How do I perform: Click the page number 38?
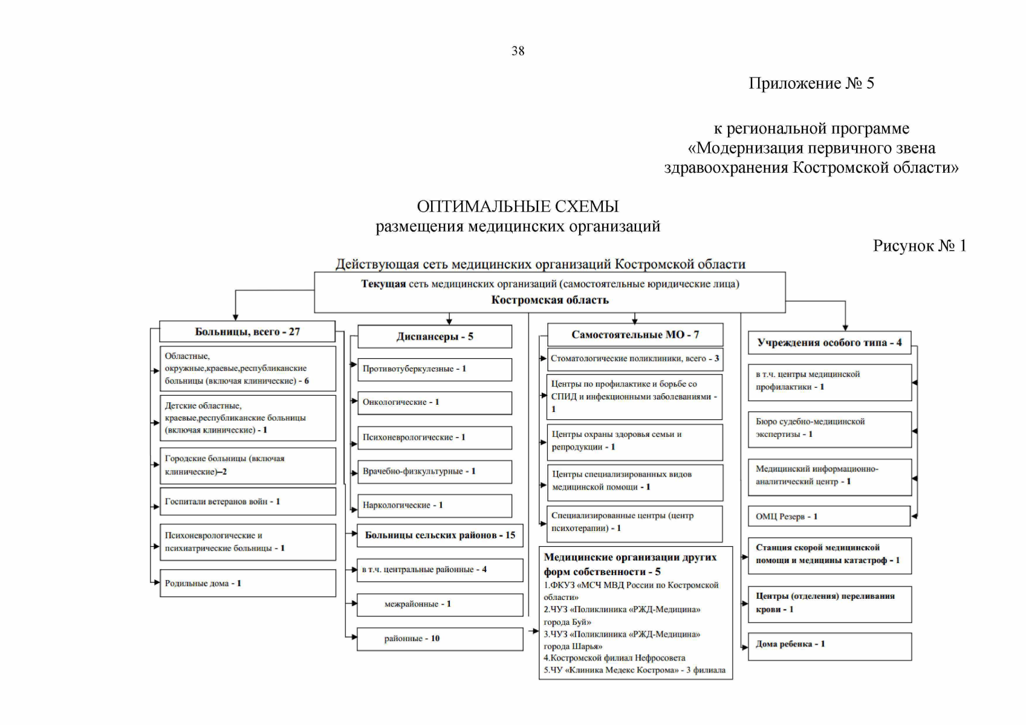518,51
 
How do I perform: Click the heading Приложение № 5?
811,83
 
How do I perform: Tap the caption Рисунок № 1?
919,246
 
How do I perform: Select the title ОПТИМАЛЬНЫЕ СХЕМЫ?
518,207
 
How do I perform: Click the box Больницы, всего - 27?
247,332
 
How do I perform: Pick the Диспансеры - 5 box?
435,337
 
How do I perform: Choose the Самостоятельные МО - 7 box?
635,335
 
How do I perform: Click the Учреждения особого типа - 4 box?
829,343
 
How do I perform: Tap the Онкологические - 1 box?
435,402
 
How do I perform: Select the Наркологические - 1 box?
435,505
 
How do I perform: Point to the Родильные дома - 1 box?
247,583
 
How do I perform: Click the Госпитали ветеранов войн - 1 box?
247,501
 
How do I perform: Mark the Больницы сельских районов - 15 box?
440,535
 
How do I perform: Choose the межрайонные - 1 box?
440,604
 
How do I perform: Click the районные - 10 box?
440,639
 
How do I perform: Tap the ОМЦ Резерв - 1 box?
829,517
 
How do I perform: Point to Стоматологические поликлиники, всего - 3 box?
635,359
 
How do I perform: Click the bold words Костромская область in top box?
550,300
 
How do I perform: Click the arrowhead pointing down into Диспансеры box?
449,322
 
